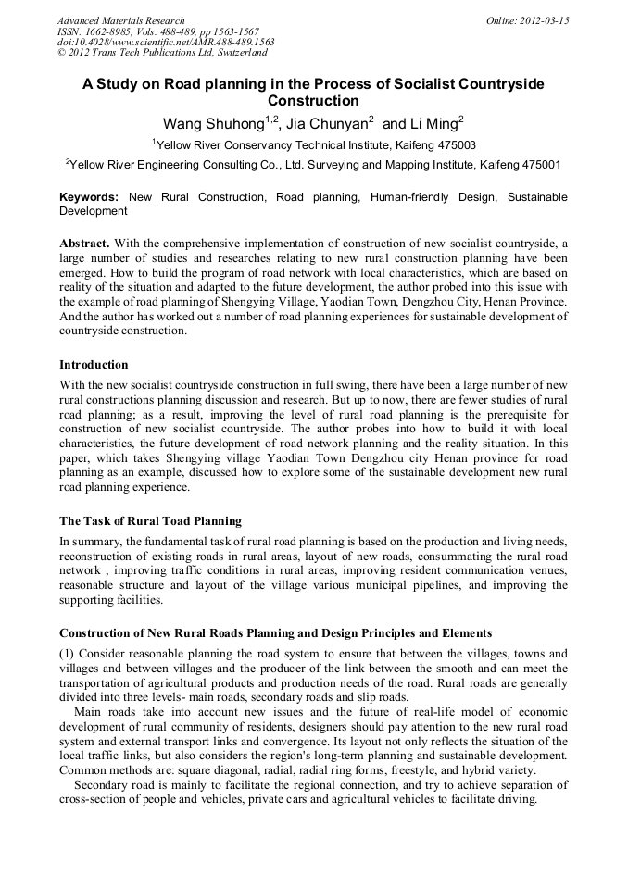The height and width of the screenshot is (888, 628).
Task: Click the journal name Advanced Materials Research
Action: (120, 20)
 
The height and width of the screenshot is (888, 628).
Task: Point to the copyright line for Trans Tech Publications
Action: (162, 53)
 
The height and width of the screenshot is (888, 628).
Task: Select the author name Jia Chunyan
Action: (328, 123)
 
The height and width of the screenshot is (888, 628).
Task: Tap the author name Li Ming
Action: (433, 123)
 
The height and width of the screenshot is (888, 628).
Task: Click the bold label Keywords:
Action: (89, 197)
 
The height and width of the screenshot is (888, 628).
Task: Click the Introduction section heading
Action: (94, 365)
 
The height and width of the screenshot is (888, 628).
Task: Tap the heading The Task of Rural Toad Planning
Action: (150, 521)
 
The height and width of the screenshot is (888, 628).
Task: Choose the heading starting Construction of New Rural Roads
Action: (275, 633)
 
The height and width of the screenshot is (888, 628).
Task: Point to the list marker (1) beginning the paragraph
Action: (67, 654)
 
